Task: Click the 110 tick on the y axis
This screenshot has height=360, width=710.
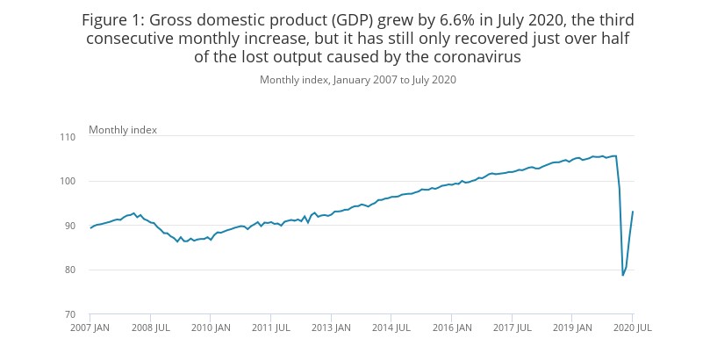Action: (x=67, y=137)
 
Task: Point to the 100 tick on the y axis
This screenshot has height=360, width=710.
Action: (x=67, y=181)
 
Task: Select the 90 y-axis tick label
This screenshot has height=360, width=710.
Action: (x=69, y=226)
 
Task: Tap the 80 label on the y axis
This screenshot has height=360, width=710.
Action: (x=69, y=270)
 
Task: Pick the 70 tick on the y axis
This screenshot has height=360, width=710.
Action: (x=69, y=314)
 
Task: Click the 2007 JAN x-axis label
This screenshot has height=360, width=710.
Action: (x=90, y=328)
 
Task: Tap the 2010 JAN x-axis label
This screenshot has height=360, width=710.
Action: (x=210, y=328)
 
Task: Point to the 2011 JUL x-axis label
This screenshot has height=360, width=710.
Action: (x=270, y=328)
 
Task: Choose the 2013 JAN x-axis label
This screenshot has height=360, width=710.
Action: (x=331, y=328)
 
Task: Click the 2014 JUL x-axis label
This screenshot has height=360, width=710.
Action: (x=391, y=328)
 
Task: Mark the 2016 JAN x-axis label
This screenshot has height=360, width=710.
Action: (x=451, y=328)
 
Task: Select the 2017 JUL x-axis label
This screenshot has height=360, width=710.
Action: (x=512, y=328)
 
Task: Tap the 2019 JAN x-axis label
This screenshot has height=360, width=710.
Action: (x=571, y=328)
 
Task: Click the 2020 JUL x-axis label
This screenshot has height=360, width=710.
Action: (x=632, y=328)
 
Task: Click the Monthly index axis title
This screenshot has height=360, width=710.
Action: (x=123, y=130)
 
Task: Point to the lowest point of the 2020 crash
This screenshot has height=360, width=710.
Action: (x=623, y=276)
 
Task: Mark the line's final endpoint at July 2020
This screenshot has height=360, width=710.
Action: (x=633, y=212)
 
